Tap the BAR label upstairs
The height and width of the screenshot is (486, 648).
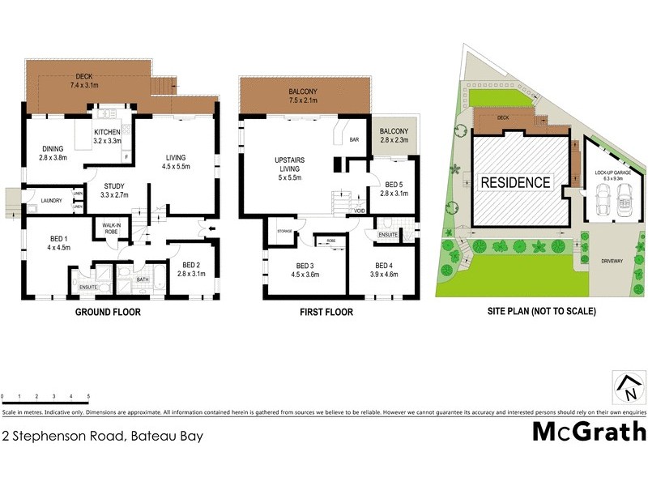click(354, 139)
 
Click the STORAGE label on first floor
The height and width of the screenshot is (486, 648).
click(283, 231)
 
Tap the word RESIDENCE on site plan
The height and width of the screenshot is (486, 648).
click(516, 182)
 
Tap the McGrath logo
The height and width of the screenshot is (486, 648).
click(589, 431)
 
